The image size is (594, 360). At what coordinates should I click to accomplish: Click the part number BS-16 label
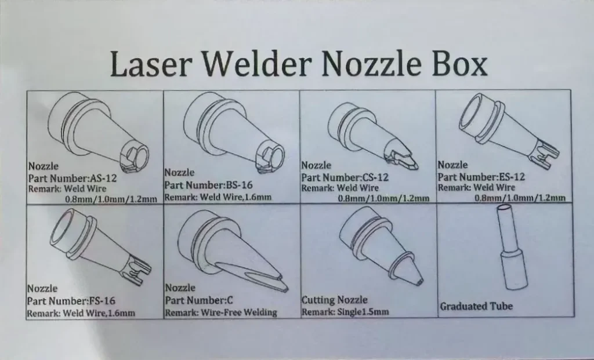[218, 186]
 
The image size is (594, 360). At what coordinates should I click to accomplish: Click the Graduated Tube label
[476, 306]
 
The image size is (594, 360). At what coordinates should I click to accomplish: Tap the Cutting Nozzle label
[335, 300]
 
